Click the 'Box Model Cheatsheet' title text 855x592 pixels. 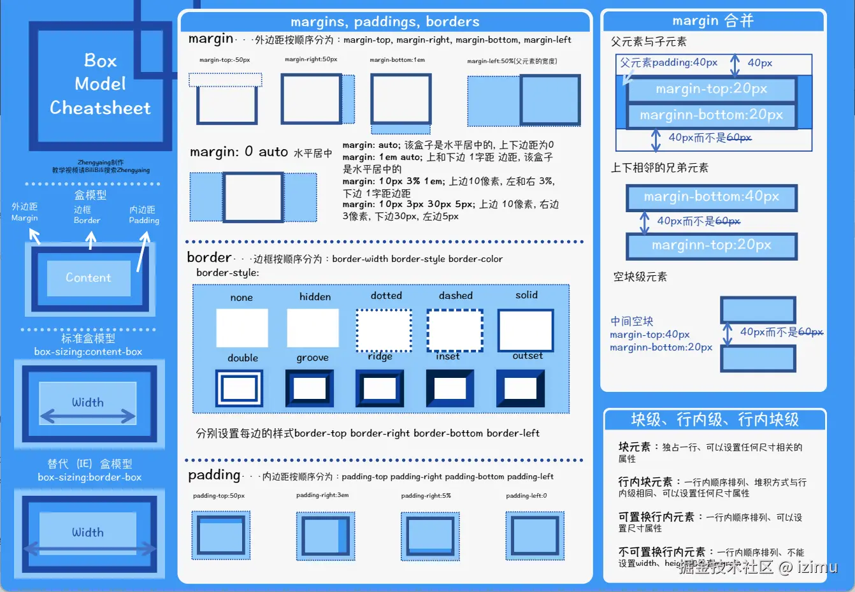click(100, 84)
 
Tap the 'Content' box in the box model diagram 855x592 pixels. click(88, 278)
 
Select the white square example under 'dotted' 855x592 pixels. click(384, 330)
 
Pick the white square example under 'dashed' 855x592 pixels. click(454, 330)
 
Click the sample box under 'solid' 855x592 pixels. click(525, 330)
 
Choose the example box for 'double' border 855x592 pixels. click(240, 388)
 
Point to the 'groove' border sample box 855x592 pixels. click(310, 388)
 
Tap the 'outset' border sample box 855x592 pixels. click(520, 388)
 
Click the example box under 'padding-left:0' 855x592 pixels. click(534, 536)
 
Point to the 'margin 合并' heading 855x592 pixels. click(713, 21)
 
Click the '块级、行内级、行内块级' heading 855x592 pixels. click(714, 419)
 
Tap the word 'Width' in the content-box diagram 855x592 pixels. click(88, 402)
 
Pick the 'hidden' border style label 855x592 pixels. click(315, 297)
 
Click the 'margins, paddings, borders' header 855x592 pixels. click(385, 22)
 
